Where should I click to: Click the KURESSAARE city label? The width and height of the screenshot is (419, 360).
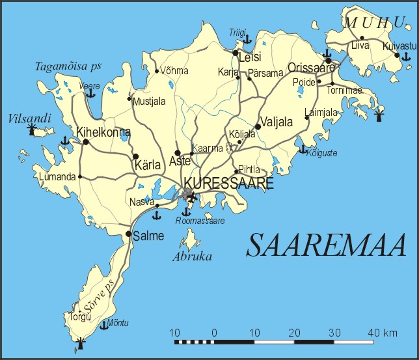[x=228, y=184]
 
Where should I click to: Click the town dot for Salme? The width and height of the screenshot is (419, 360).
[x=129, y=234]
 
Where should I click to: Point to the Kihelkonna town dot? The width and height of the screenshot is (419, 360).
[x=85, y=141]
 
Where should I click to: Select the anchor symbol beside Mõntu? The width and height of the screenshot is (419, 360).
[x=102, y=324]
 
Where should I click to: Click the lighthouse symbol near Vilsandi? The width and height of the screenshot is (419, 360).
[x=31, y=130]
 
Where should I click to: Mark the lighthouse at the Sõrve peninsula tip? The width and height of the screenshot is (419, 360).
[x=81, y=342]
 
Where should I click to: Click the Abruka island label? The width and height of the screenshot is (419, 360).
[x=192, y=256]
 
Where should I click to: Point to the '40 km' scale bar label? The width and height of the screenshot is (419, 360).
[x=382, y=333]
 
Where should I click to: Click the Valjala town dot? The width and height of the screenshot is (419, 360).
[x=258, y=127]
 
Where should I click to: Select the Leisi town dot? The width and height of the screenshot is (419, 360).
[x=235, y=53]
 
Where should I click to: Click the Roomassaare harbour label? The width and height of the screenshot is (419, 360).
[x=200, y=221]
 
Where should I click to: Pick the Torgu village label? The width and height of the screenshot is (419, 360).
[x=77, y=316]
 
